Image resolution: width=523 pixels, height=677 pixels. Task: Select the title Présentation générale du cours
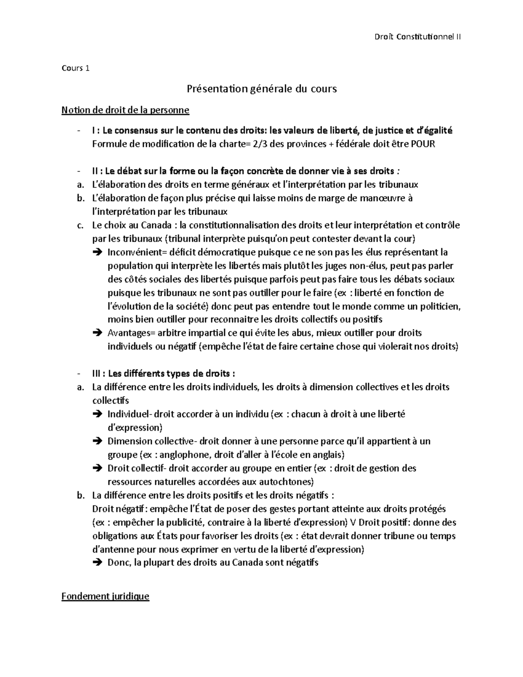click(x=261, y=89)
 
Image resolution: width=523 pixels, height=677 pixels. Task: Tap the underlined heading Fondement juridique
click(x=105, y=596)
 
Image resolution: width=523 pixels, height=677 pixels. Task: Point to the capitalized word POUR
click(x=423, y=144)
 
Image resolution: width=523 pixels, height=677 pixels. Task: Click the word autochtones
click(x=285, y=482)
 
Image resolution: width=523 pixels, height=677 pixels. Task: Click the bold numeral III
click(x=97, y=374)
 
